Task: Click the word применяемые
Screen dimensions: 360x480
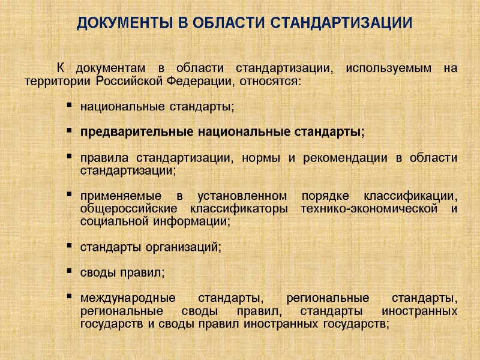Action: point(118,197)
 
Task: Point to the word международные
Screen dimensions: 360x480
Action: point(128,298)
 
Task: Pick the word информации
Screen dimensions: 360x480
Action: point(186,221)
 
